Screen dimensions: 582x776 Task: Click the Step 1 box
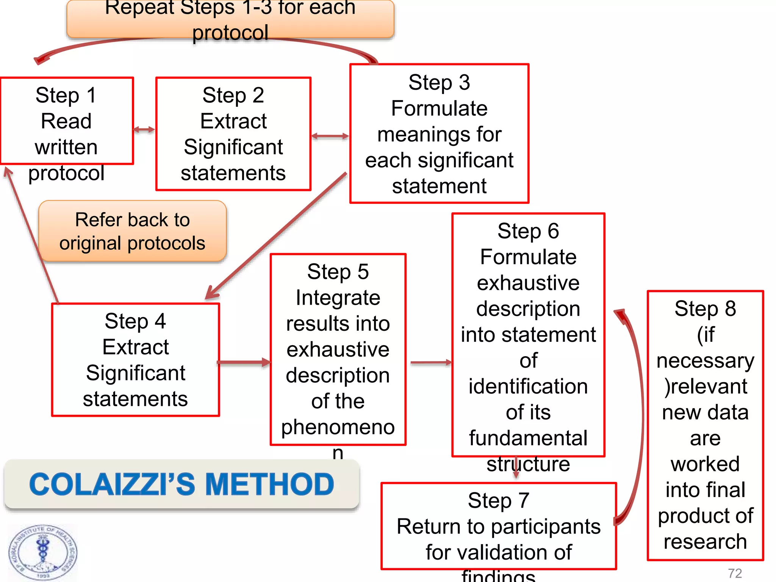(x=67, y=121)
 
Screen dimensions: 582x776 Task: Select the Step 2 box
(x=233, y=134)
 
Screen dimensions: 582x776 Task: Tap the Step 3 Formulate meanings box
(x=439, y=134)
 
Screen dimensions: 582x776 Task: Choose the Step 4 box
(x=135, y=360)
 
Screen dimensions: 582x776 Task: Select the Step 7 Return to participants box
(x=498, y=526)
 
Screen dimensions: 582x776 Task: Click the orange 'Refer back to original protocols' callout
(x=133, y=231)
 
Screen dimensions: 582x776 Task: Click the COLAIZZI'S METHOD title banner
(x=182, y=484)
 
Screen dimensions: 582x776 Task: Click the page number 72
(x=735, y=573)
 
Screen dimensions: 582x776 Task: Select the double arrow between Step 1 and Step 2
(x=144, y=130)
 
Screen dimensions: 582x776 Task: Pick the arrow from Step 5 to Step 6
(x=431, y=363)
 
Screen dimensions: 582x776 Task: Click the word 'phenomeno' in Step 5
(x=338, y=427)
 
